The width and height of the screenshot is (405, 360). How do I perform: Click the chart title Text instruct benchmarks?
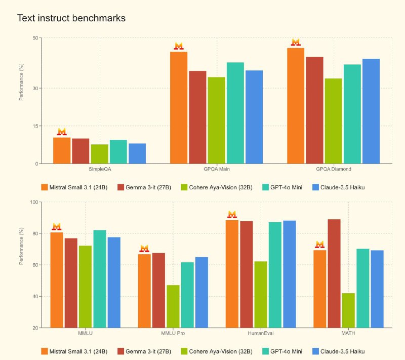(x=71, y=18)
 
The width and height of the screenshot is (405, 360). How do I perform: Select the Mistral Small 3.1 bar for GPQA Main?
(x=179, y=107)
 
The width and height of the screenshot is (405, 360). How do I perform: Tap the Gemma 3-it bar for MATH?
(x=334, y=273)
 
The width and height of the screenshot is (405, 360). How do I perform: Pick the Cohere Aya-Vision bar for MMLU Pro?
(x=173, y=306)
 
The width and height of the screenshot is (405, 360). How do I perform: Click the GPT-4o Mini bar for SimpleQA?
(x=118, y=151)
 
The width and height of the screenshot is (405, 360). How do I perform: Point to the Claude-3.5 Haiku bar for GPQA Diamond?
(x=371, y=111)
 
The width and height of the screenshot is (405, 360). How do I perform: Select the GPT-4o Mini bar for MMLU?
(x=100, y=279)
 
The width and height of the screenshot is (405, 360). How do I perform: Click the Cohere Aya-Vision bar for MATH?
(x=348, y=310)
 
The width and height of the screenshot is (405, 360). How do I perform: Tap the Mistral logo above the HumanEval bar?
(x=232, y=214)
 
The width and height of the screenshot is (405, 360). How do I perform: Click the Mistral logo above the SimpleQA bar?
(x=62, y=132)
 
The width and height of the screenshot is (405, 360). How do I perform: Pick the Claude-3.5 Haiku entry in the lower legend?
(x=339, y=351)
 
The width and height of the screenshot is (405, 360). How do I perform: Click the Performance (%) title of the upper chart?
(x=21, y=82)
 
